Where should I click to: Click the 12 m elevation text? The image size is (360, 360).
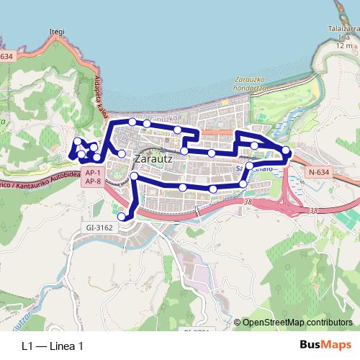(343, 45)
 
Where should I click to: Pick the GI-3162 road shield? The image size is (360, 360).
(99, 228)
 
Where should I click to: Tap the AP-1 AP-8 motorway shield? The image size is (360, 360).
(92, 177)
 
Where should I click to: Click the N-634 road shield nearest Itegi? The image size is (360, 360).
(6, 56)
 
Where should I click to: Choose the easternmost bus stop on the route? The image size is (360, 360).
(286, 150)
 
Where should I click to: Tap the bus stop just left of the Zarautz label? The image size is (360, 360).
(122, 154)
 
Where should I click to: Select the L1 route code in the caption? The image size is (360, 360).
(28, 346)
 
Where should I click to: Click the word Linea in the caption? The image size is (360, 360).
(60, 346)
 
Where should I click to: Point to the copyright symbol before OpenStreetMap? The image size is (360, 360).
(237, 322)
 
